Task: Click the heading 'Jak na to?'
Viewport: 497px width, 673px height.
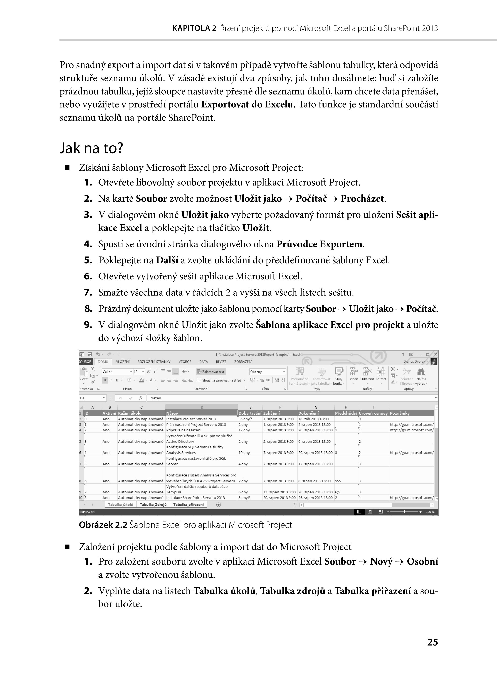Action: coord(91,148)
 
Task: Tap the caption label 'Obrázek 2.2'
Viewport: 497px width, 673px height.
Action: coord(103,525)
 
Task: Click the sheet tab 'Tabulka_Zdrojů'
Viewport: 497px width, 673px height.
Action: coord(153,505)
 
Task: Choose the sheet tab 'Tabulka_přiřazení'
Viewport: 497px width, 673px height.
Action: coord(188,505)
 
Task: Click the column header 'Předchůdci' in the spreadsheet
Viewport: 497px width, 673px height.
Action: coord(346,413)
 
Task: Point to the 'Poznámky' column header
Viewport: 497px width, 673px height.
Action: coord(400,413)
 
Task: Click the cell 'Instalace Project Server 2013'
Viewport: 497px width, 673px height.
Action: coord(191,419)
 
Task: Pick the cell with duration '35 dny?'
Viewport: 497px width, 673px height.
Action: coord(245,419)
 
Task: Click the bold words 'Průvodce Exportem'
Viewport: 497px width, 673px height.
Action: coord(319,244)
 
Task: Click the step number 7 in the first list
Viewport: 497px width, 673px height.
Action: coord(88,293)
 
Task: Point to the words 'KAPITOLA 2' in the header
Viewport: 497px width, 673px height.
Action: coord(194,28)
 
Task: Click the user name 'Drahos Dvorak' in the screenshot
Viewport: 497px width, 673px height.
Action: coord(414,361)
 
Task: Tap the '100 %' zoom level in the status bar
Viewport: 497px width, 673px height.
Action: coord(430,512)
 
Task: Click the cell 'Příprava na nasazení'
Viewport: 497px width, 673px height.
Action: coord(184,430)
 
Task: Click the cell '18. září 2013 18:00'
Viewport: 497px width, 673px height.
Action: coord(313,419)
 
